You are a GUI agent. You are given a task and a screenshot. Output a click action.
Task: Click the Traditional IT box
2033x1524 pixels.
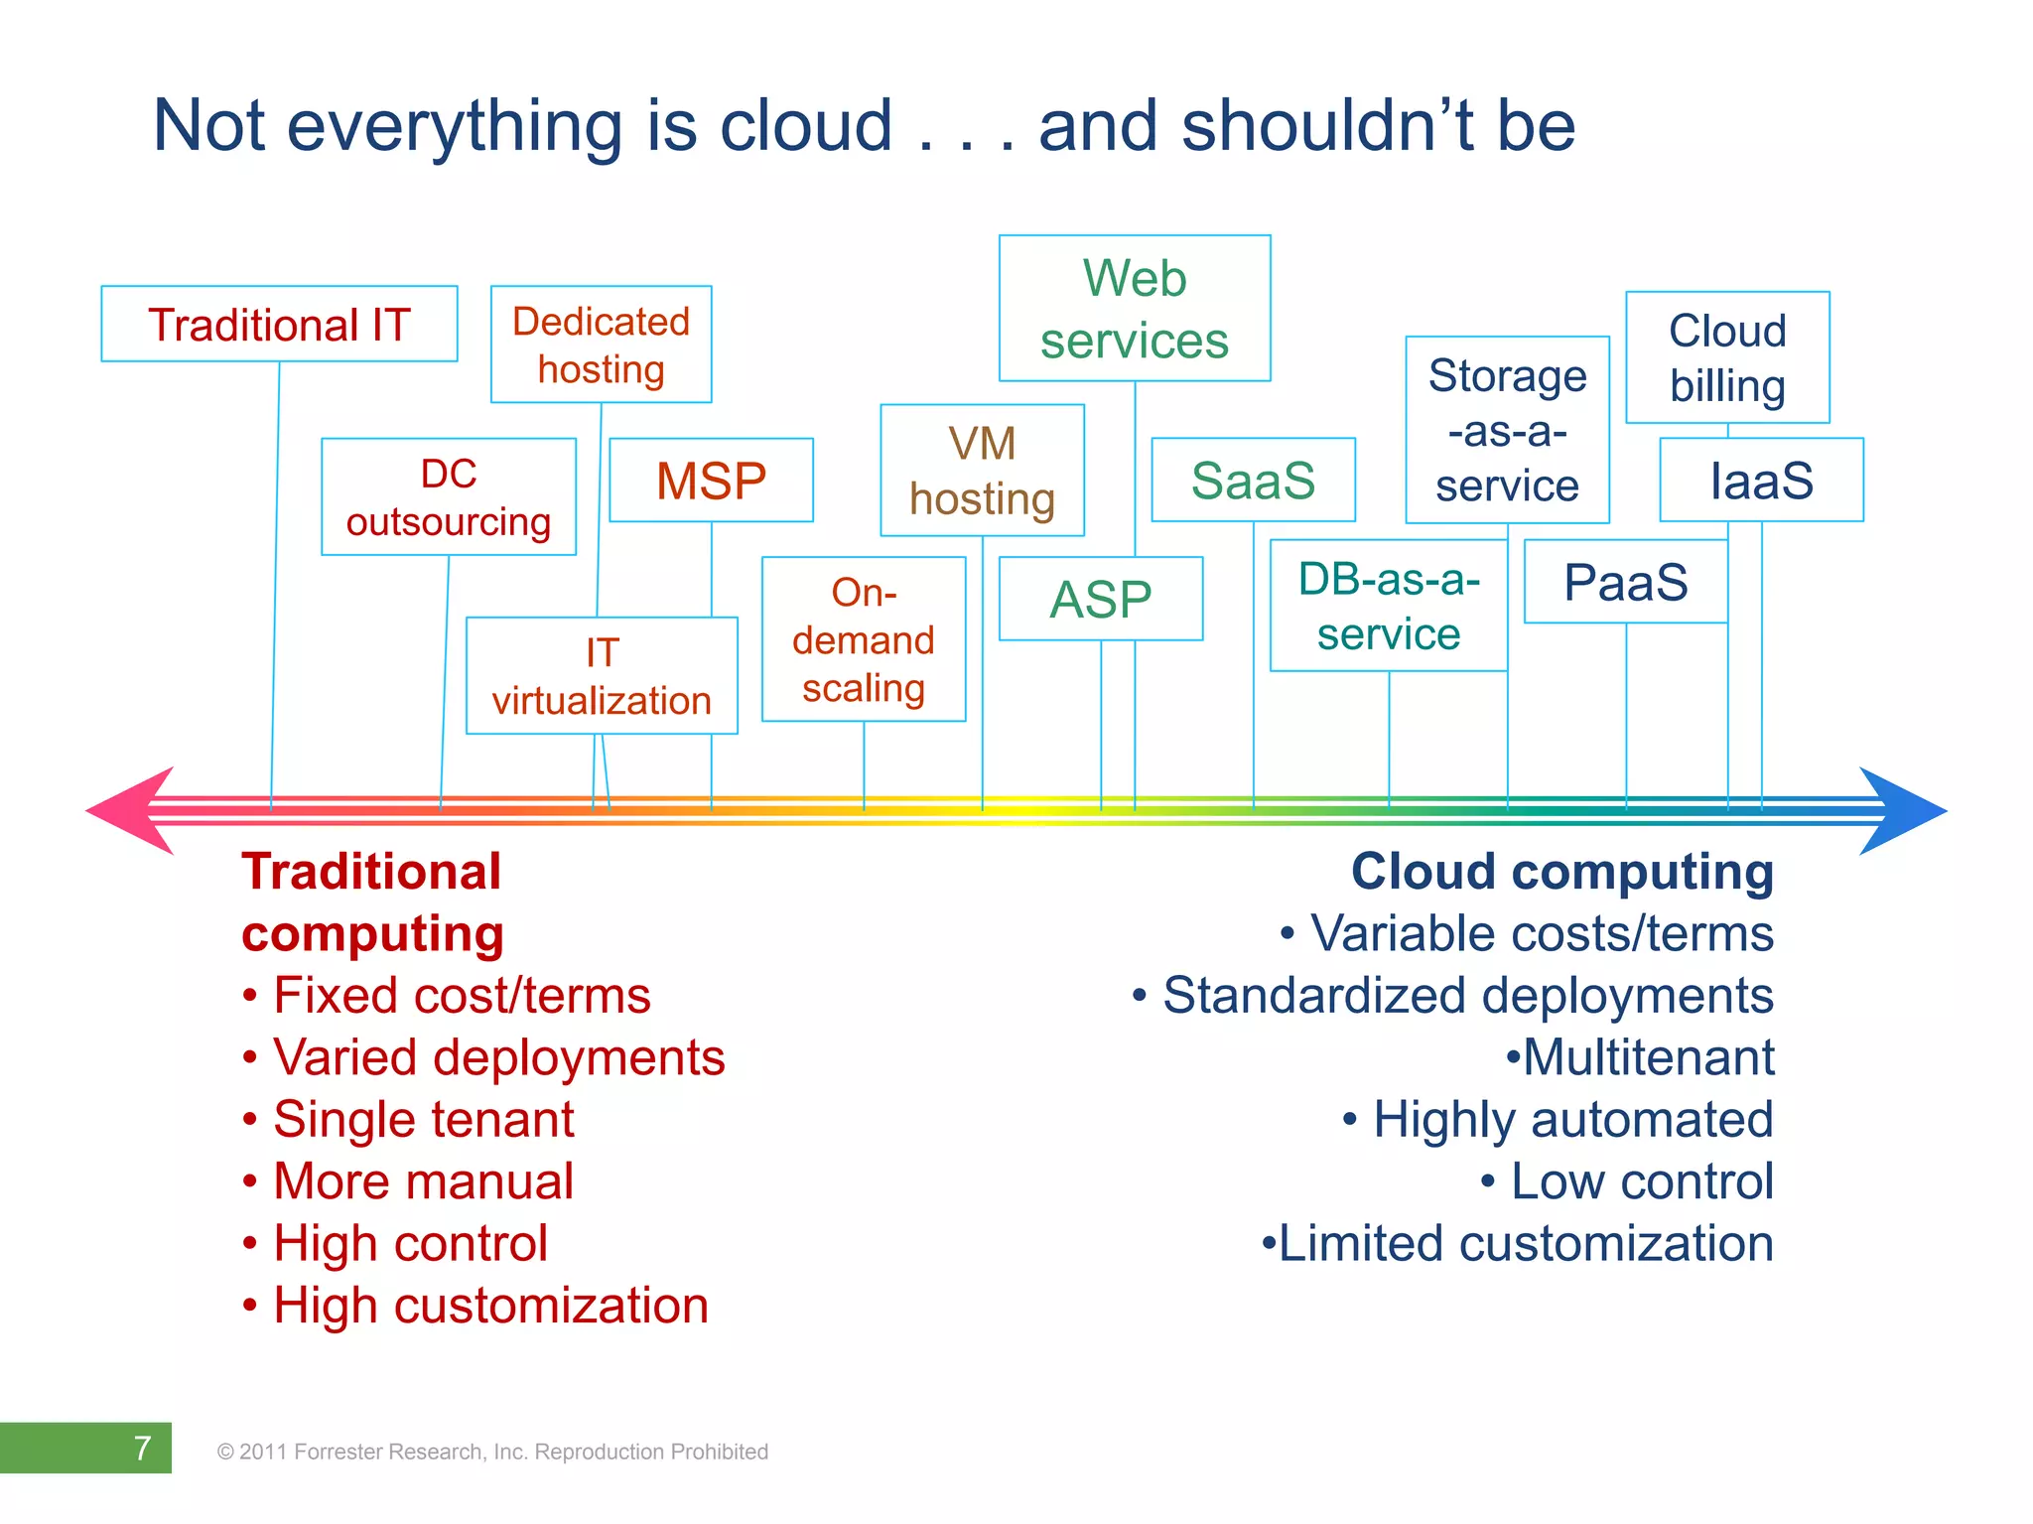tap(279, 325)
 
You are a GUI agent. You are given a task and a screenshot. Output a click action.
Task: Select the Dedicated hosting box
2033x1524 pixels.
tap(601, 345)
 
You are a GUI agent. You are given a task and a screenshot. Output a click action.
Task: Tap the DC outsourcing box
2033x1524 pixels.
tap(449, 497)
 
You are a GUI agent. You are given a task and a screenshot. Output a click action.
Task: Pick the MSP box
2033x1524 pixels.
tap(711, 481)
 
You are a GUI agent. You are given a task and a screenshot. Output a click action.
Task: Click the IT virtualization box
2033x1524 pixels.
tap(602, 676)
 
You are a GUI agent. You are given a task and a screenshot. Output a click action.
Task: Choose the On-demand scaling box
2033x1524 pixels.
tap(864, 639)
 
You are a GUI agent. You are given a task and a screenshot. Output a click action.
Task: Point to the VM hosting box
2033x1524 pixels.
tap(982, 471)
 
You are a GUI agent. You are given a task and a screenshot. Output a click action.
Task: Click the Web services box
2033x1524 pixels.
tap(1135, 309)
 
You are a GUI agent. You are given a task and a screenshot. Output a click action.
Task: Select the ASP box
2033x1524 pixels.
tap(1101, 600)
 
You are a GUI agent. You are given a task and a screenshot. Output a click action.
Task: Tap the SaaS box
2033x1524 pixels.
tap(1253, 481)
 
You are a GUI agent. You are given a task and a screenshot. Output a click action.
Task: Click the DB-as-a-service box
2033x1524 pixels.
tap(1389, 606)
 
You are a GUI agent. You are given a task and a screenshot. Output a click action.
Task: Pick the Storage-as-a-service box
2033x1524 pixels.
tap(1507, 430)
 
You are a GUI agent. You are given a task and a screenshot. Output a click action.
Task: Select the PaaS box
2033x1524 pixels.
tap(1625, 582)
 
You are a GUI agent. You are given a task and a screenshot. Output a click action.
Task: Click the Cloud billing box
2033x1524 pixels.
tap(1727, 357)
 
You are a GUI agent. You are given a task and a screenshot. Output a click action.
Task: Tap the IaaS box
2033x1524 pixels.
tap(1761, 481)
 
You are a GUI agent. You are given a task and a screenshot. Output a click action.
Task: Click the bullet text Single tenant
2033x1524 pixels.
tap(423, 1119)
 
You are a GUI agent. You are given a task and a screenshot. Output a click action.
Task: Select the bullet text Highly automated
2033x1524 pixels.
tap(1572, 1119)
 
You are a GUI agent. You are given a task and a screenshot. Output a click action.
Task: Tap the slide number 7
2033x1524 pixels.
tap(142, 1448)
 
